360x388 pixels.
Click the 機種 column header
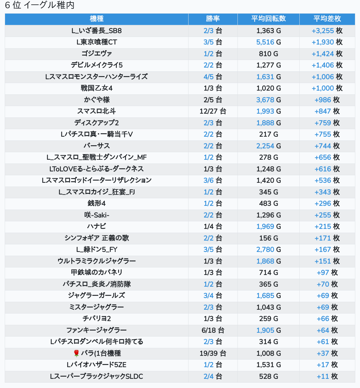pos(97,19)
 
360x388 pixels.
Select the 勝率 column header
pos(213,19)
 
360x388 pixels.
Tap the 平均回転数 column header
pos(268,19)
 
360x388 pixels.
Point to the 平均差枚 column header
pos(327,19)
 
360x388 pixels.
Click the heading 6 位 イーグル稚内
pos(40,5)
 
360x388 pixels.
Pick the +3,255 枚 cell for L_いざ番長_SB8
pos(327,31)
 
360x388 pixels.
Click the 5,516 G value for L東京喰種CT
pos(268,42)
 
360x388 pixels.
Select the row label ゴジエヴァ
pos(97,54)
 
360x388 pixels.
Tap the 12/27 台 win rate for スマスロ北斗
pos(213,111)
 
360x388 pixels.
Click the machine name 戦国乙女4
pos(97,88)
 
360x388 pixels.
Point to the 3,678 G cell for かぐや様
pos(268,100)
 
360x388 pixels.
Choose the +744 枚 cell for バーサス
pos(327,146)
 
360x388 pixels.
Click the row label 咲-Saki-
pos(97,215)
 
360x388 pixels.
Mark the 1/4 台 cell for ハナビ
pos(213,227)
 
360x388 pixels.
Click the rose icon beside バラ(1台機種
pos(76,353)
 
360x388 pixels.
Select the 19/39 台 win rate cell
pos(213,353)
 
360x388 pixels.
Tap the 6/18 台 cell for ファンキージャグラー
pos(213,330)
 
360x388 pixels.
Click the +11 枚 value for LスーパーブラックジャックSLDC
pos(327,376)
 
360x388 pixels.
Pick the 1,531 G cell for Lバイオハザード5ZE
pos(268,365)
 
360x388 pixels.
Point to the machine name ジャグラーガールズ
pos(97,295)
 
